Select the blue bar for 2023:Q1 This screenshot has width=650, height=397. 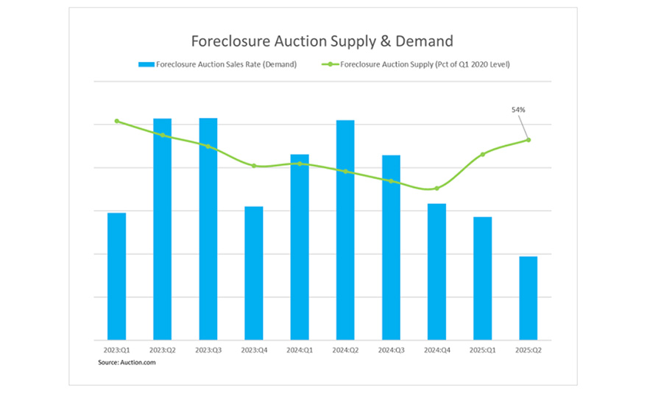coord(116,276)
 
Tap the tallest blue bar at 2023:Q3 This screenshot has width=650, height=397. coord(208,229)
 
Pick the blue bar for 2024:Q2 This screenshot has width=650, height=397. coord(345,230)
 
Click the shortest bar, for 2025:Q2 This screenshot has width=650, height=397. coord(529,298)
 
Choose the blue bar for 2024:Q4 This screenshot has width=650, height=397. coord(437,272)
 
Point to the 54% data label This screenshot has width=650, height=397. coord(518,110)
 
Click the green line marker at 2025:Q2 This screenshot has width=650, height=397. coord(529,140)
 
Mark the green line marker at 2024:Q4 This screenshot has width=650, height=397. coord(437,189)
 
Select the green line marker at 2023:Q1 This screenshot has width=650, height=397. coord(116,121)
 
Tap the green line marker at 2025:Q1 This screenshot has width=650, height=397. coord(483,154)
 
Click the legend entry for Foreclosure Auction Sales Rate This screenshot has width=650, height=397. coord(217,64)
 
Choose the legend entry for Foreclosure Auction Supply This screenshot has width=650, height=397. coord(415,64)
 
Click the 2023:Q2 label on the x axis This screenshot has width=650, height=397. coord(162,350)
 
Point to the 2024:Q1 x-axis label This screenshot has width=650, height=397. coord(300,350)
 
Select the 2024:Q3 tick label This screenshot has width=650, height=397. coord(391,350)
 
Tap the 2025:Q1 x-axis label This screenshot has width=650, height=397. coord(483,350)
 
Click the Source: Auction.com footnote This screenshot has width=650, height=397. coord(127,362)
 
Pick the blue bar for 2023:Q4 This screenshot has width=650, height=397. coord(254,273)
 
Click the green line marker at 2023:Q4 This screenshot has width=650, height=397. coord(254,166)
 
